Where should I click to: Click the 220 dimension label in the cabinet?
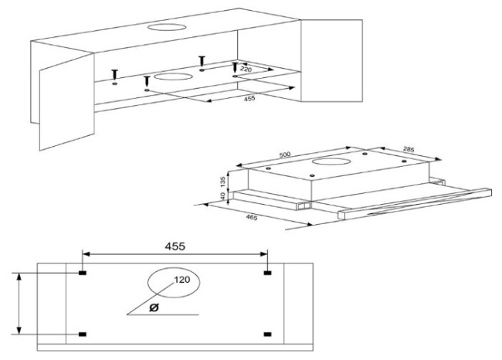[246, 69]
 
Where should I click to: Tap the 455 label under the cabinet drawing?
[249, 99]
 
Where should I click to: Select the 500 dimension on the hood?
[285, 155]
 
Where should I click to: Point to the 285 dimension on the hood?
[409, 149]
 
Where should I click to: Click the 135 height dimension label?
[223, 182]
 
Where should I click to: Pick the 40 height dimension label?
[223, 195]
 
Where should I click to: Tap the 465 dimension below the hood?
[251, 218]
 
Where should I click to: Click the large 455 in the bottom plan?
[175, 246]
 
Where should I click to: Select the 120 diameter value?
[182, 280]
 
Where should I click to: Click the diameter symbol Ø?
[154, 307]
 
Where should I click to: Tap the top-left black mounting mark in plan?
[83, 273]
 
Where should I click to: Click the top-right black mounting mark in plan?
[268, 273]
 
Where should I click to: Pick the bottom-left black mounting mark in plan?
[83, 335]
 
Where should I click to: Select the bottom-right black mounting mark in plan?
[268, 335]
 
